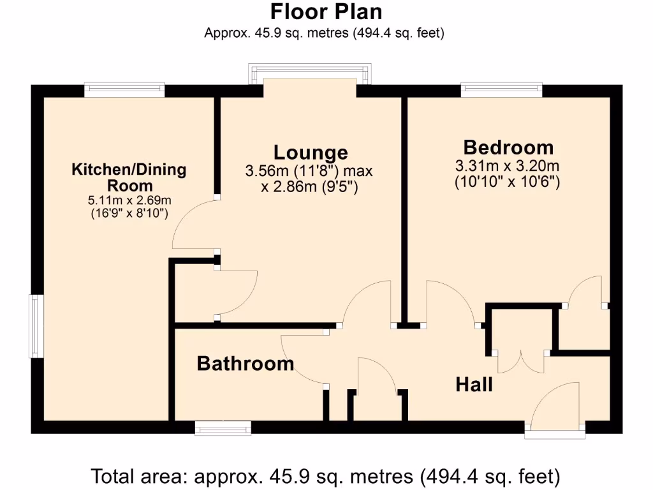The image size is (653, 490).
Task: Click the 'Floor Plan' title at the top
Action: [x=326, y=11]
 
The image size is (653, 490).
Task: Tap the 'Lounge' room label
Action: [x=311, y=152]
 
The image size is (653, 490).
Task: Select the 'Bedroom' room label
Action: [x=508, y=147]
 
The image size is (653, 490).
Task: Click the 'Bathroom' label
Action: [x=245, y=364]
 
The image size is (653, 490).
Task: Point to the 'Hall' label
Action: [x=474, y=385]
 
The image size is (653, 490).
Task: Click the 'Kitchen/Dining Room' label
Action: [x=129, y=177]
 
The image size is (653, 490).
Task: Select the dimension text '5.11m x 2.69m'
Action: [x=129, y=200]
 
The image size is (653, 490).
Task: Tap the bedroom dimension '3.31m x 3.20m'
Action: [x=508, y=167]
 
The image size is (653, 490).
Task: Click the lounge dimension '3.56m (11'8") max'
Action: [x=309, y=171]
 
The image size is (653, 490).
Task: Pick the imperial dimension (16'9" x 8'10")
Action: [x=129, y=214]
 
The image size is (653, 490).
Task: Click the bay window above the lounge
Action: [x=309, y=72]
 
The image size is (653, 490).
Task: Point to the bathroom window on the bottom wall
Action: [x=223, y=429]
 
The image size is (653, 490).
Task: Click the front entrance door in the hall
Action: [x=555, y=408]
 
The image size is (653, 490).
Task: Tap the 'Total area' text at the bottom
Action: [x=326, y=476]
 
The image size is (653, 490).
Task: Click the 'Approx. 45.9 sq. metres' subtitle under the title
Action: [x=324, y=33]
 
